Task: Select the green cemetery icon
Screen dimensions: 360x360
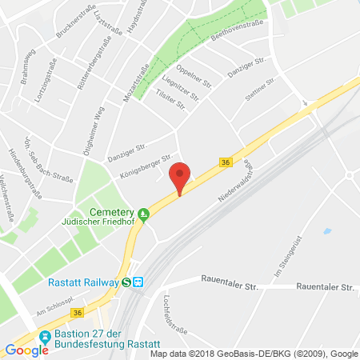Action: (x=144, y=214)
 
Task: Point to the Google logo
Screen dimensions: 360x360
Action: (x=26, y=349)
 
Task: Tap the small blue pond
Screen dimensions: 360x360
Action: (x=326, y=231)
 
